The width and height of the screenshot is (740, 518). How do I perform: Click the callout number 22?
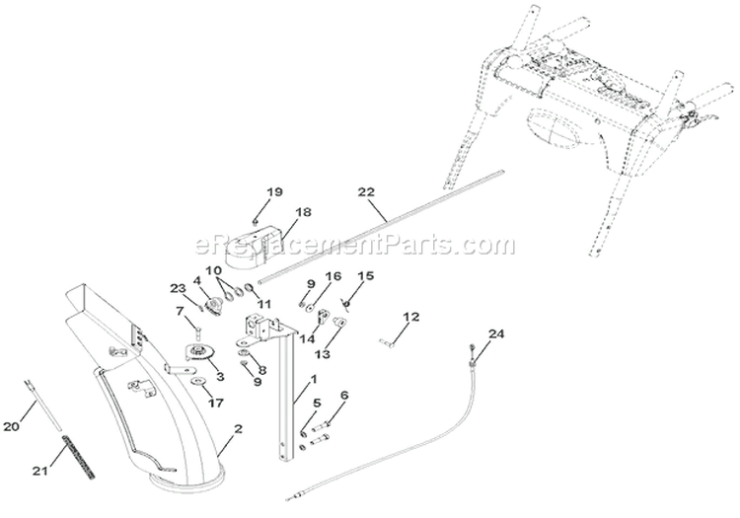pyautogui.click(x=366, y=192)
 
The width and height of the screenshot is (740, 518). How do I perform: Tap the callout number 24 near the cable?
pyautogui.click(x=496, y=334)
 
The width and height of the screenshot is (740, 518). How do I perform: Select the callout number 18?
pyautogui.click(x=304, y=212)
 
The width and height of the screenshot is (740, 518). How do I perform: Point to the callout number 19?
pyautogui.click(x=274, y=192)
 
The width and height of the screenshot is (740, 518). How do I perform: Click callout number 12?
pyautogui.click(x=411, y=316)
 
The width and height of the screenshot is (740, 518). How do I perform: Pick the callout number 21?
pyautogui.click(x=40, y=471)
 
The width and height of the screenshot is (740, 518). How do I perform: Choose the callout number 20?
pyautogui.click(x=11, y=426)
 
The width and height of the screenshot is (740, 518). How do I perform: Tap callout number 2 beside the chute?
pyautogui.click(x=239, y=428)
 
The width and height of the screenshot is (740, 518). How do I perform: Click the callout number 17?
pyautogui.click(x=217, y=403)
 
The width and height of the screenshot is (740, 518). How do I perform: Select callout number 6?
pyautogui.click(x=344, y=396)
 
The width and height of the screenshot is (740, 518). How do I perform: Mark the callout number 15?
pyautogui.click(x=366, y=275)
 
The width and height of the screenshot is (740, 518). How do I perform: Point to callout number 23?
pyautogui.click(x=179, y=288)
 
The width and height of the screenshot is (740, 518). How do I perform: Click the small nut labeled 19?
pyautogui.click(x=255, y=221)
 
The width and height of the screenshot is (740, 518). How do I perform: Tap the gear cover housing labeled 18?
pyautogui.click(x=255, y=248)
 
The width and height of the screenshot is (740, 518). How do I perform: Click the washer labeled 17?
pyautogui.click(x=196, y=381)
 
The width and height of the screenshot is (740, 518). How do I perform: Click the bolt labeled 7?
pyautogui.click(x=197, y=332)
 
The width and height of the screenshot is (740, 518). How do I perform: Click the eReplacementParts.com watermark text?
pyautogui.click(x=355, y=245)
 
